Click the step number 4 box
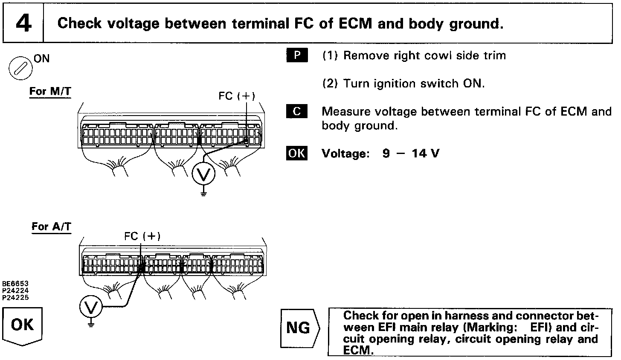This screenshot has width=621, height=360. click(23, 23)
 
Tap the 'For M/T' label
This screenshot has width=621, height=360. click(50, 92)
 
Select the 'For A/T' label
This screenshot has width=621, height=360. click(51, 226)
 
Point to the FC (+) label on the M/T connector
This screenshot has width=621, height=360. click(237, 96)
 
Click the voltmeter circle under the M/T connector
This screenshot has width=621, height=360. click(203, 174)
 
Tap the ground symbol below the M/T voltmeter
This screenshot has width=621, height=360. click(203, 194)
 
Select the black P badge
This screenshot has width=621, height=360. click(297, 56)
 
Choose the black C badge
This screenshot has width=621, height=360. click(297, 112)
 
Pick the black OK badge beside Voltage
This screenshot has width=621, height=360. click(297, 153)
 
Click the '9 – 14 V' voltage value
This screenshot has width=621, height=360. click(410, 154)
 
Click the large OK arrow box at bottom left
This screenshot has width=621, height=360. click(23, 327)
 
